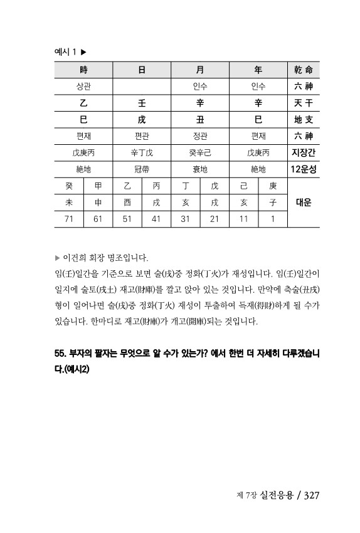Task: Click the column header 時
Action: pos(83,70)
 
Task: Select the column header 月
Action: pos(201,70)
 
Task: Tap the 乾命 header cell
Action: pos(303,70)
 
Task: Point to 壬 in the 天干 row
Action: pos(142,103)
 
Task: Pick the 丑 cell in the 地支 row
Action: pos(201,119)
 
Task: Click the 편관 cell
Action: pos(142,135)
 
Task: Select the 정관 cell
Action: pos(201,135)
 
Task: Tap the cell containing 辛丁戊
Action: pos(142,152)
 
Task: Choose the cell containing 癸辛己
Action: pos(201,152)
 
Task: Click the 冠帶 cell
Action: pos(142,169)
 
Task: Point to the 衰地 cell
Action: pos(201,169)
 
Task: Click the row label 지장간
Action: pos(303,152)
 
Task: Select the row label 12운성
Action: pos(303,169)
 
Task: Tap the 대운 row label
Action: pos(303,202)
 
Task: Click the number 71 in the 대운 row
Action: pos(69,218)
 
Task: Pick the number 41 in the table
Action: pos(156,218)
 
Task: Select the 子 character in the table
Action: pos(272,202)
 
